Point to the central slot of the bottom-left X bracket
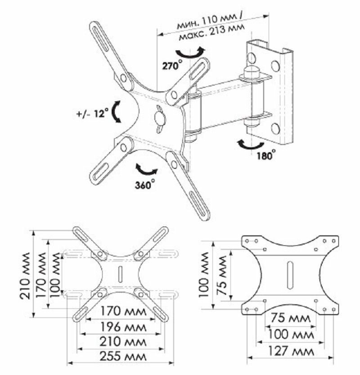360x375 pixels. coord(120,275)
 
